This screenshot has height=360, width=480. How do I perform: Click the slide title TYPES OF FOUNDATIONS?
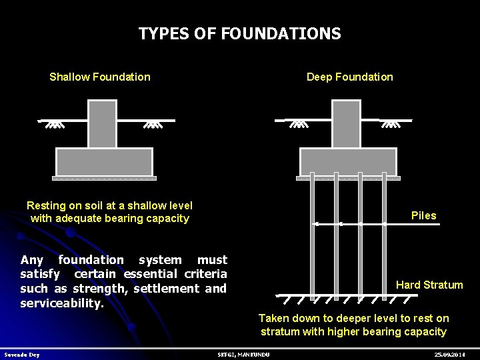[239, 33]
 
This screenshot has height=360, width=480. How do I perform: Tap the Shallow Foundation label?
[100, 77]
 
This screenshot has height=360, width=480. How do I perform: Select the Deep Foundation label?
[349, 77]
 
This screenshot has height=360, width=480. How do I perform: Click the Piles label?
[423, 215]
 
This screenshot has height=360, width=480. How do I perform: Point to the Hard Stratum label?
[429, 285]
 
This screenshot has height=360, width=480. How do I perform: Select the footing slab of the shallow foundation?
[104, 162]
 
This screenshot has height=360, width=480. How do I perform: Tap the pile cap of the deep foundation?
[348, 162]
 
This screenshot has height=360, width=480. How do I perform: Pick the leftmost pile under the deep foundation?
[313, 233]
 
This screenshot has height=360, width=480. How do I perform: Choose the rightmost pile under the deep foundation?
[384, 233]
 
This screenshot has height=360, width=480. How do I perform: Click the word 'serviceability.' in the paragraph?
[62, 303]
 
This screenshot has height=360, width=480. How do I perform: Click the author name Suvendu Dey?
[22, 355]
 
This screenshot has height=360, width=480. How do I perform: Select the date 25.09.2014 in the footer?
[449, 355]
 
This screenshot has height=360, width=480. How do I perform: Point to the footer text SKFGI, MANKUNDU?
[244, 355]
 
